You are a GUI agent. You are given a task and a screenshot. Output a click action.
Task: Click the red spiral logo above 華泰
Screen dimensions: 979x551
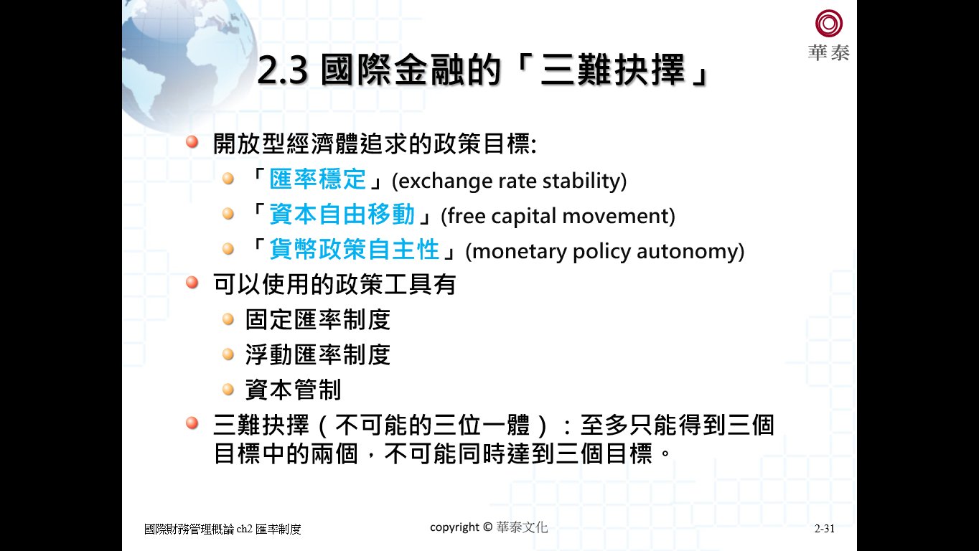[829, 23]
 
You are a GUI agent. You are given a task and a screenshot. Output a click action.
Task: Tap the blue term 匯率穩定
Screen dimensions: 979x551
[318, 179]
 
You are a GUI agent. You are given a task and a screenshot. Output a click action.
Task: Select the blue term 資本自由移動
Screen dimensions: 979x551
[342, 214]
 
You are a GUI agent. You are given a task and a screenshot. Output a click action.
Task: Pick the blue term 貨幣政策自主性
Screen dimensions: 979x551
[354, 250]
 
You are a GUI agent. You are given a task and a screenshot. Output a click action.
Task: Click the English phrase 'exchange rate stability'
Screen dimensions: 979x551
[509, 181]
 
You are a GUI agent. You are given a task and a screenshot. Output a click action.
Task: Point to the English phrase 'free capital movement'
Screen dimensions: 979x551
[558, 216]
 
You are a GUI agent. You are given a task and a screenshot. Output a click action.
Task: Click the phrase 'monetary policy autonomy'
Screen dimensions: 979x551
[605, 251]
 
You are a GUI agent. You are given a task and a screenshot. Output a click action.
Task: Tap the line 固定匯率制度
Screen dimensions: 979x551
[318, 319]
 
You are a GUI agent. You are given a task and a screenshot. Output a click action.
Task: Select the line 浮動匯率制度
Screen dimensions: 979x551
[318, 354]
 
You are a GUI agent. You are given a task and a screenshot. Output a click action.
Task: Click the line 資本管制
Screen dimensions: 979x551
[294, 390]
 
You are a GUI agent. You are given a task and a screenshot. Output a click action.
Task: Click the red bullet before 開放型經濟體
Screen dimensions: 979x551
[192, 141]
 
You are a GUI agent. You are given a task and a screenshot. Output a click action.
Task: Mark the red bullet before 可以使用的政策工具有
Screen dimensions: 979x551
[192, 282]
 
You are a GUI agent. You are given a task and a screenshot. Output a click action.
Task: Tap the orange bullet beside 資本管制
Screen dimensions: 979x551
[228, 389]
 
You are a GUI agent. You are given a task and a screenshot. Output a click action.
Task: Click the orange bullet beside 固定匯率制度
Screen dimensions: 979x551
[228, 319]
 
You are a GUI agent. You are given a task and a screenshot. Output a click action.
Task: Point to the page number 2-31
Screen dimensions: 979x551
[825, 529]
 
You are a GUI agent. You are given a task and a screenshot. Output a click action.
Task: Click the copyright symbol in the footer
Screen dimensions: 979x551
[488, 527]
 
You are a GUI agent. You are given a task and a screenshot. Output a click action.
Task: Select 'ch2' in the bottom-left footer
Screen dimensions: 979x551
[244, 529]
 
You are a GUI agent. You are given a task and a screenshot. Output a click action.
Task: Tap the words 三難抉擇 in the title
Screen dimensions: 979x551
[613, 70]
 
